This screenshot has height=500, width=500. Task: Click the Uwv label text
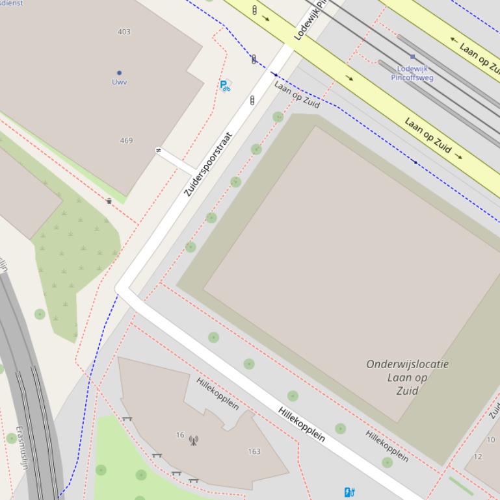click(119, 82)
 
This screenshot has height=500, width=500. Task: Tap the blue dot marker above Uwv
click(119, 73)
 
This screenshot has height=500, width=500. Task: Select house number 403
click(124, 32)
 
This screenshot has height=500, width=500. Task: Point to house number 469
click(126, 140)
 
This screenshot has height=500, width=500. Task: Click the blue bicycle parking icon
click(225, 85)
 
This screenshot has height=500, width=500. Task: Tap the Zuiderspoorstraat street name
click(208, 164)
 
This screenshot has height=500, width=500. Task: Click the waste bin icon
click(109, 201)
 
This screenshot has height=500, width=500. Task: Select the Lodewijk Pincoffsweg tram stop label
click(412, 73)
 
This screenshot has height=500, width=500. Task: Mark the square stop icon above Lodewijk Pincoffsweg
click(412, 57)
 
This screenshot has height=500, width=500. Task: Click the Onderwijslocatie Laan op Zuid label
click(407, 377)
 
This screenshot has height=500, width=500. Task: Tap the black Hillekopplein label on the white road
click(302, 424)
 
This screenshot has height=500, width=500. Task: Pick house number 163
click(254, 451)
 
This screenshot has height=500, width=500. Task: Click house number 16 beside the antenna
click(180, 435)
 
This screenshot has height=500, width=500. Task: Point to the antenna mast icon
click(193, 440)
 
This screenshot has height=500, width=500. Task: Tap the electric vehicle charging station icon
click(349, 492)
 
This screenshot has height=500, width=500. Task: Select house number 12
click(478, 456)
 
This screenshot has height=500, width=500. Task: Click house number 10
click(490, 440)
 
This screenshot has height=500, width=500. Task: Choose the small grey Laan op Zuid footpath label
click(296, 94)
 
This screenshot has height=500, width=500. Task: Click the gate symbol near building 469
click(158, 151)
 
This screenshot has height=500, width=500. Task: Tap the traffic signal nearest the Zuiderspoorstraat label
click(252, 101)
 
